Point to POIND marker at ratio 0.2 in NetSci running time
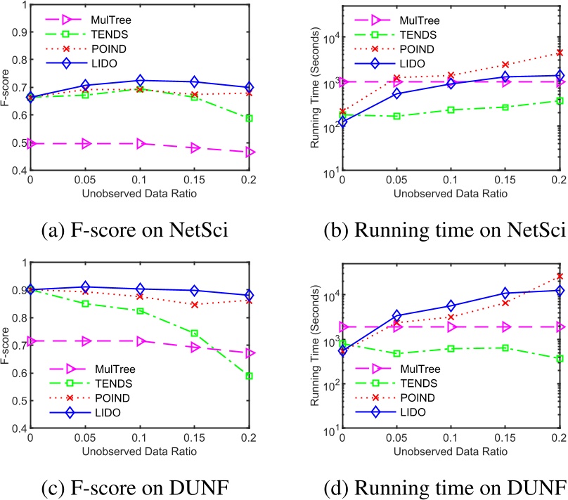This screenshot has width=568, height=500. click(560, 53)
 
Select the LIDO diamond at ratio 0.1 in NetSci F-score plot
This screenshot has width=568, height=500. click(141, 81)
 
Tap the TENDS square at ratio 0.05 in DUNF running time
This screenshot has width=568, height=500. click(396, 353)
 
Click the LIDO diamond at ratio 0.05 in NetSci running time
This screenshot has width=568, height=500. click(396, 93)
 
